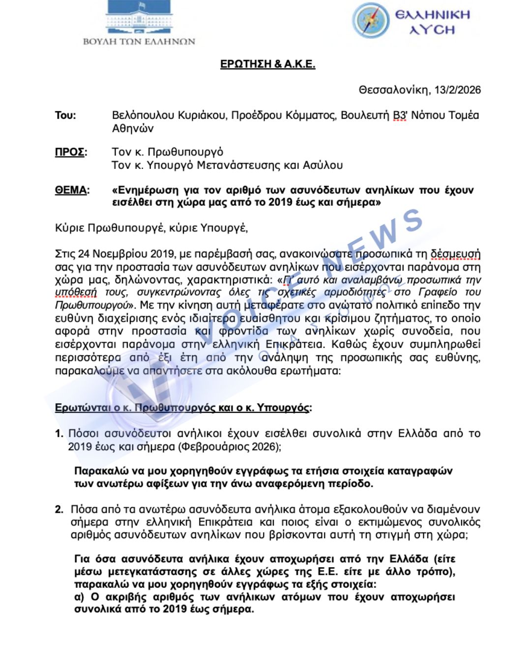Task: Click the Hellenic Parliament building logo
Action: pyautogui.click(x=139, y=17)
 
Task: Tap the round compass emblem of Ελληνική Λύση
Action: pyautogui.click(x=370, y=20)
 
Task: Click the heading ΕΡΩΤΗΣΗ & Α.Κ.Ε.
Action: pyautogui.click(x=267, y=64)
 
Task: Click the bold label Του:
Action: pyautogui.click(x=65, y=115)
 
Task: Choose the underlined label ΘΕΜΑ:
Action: pyautogui.click(x=72, y=190)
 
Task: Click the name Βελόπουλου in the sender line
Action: pyautogui.click(x=143, y=115)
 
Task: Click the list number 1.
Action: pyautogui.click(x=59, y=434)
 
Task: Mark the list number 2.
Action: pyautogui.click(x=59, y=509)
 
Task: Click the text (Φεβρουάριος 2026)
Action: pyautogui.click(x=229, y=446)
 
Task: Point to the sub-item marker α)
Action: pyautogui.click(x=80, y=597)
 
